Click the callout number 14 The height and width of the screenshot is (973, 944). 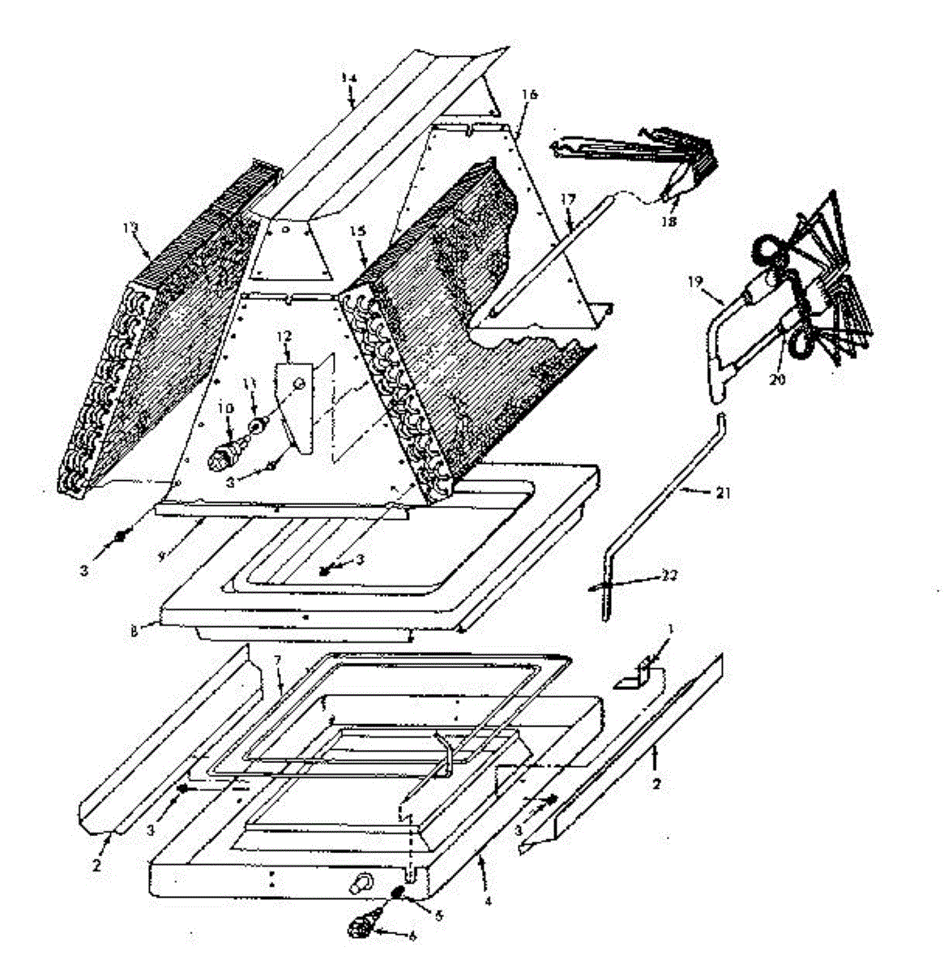click(348, 77)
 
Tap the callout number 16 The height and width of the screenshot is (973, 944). click(529, 95)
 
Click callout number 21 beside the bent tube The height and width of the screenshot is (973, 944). click(724, 492)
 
